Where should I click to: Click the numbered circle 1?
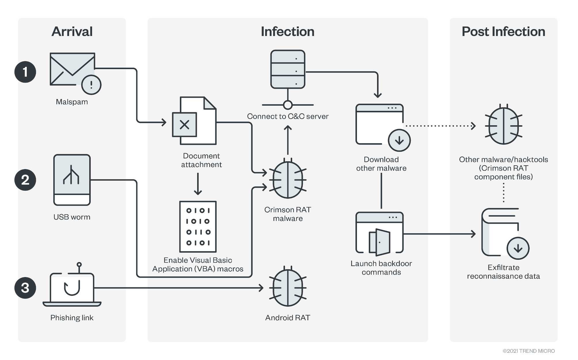click(25, 72)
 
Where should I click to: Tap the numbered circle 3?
click(25, 288)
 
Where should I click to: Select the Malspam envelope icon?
click(72, 69)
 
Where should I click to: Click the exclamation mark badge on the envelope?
click(91, 85)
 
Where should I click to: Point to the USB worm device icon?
click(72, 180)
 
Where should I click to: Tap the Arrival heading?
click(72, 32)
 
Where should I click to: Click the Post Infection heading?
click(503, 32)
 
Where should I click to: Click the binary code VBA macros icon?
click(198, 227)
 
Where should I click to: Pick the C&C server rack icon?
click(288, 69)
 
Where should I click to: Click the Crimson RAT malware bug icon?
click(288, 180)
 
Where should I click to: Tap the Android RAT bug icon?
click(288, 288)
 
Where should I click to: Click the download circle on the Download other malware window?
click(399, 141)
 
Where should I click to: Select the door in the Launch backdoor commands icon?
click(380, 242)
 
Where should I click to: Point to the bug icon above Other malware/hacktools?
click(503, 126)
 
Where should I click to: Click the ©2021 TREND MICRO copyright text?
click(528, 351)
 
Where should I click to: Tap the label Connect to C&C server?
click(288, 116)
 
